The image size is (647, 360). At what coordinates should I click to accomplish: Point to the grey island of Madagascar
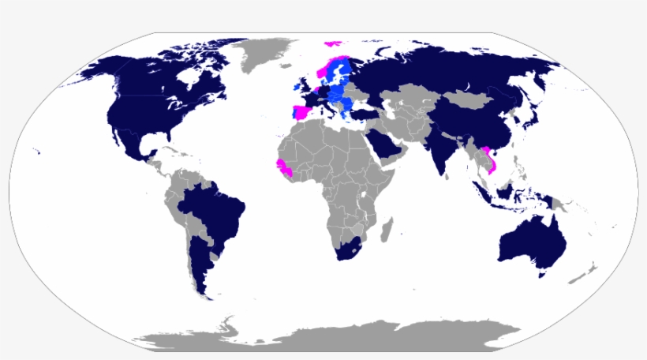pos(386,231)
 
